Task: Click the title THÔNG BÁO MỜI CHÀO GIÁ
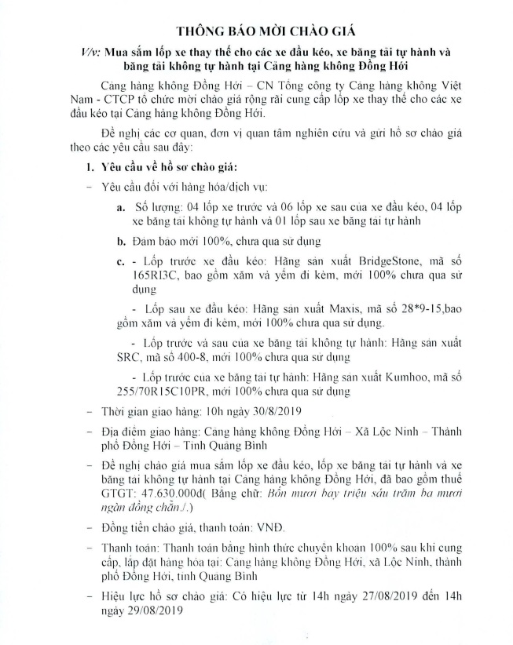256,31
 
